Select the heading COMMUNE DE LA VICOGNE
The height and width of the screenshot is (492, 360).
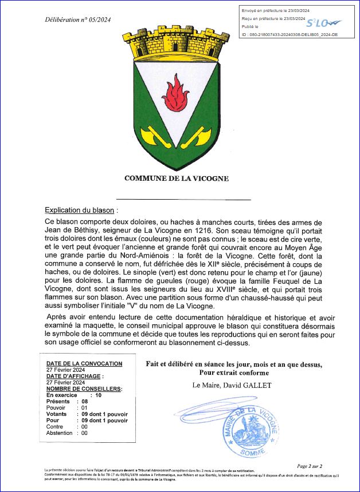click(177, 178)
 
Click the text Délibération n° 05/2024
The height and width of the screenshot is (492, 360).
click(78, 20)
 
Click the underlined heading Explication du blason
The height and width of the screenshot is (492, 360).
click(80, 210)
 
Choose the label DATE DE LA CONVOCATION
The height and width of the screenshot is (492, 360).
click(84, 364)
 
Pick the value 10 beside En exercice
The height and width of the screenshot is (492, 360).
click(98, 395)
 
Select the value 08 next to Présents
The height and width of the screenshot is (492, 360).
click(84, 402)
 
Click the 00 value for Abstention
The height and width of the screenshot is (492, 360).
click(84, 433)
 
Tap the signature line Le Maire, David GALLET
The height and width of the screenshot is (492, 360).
click(232, 386)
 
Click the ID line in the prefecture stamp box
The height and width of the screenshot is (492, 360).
click(289, 35)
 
